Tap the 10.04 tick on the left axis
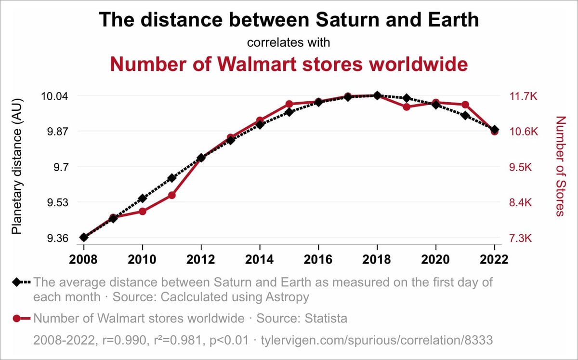(x=54, y=96)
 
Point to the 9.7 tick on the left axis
(x=61, y=167)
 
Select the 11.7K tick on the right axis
(x=523, y=96)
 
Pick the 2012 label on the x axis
(x=201, y=259)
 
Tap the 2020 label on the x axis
(x=435, y=259)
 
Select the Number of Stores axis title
(x=559, y=166)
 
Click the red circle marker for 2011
(x=171, y=195)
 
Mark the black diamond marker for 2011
(x=171, y=178)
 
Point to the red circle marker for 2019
(x=407, y=107)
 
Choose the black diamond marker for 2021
(x=465, y=116)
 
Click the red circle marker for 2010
(x=143, y=211)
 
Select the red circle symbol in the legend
(x=17, y=319)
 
